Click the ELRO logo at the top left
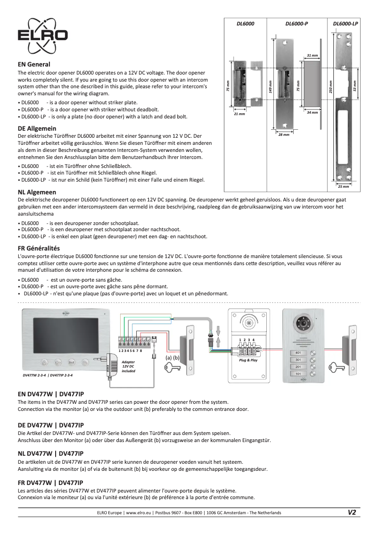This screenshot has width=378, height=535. [x=42, y=36]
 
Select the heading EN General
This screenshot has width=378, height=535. [x=34, y=64]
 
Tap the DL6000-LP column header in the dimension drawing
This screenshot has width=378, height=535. [x=345, y=23]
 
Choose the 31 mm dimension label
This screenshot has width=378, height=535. [x=312, y=56]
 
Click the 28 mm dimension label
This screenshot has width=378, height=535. [x=283, y=135]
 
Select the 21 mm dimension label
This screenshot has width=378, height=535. [x=239, y=114]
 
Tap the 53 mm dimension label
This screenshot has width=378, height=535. [x=355, y=86]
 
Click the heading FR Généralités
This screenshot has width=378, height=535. [x=39, y=248]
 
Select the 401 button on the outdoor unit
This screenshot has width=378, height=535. [x=298, y=353]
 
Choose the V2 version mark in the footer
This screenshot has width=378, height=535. [x=352, y=513]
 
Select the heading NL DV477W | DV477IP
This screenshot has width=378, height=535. [x=50, y=452]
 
